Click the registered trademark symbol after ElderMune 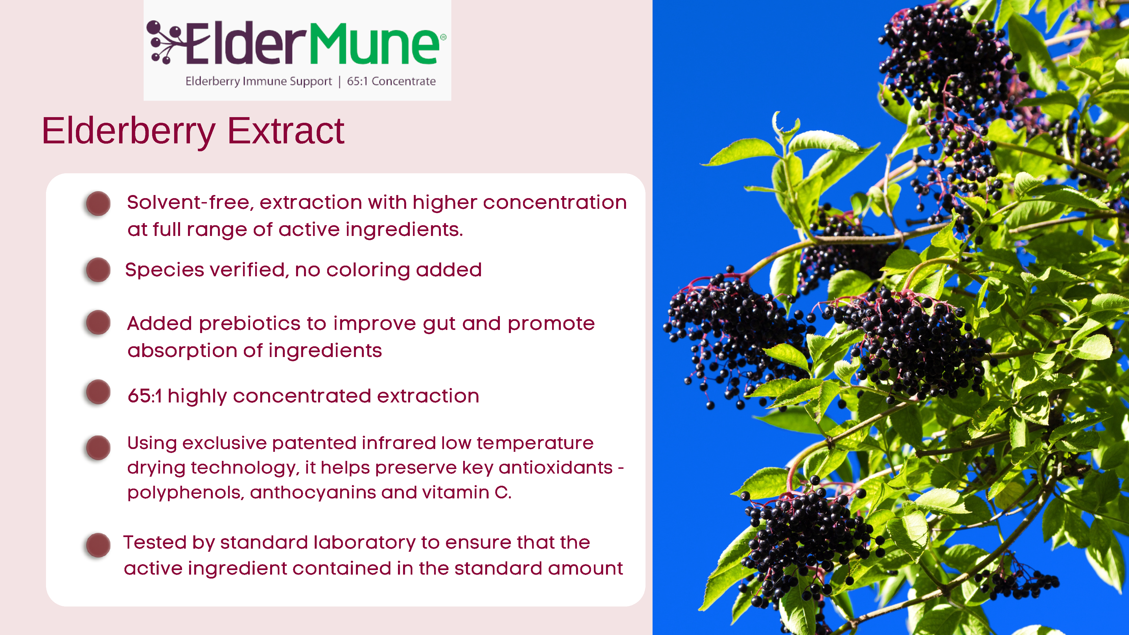tap(443, 38)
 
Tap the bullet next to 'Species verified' tap(98, 270)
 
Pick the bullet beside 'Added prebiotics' tap(98, 323)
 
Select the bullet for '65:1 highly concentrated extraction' tap(98, 392)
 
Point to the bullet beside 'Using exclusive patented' tap(98, 447)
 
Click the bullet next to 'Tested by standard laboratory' tap(98, 545)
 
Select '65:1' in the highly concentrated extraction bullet tap(145, 396)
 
